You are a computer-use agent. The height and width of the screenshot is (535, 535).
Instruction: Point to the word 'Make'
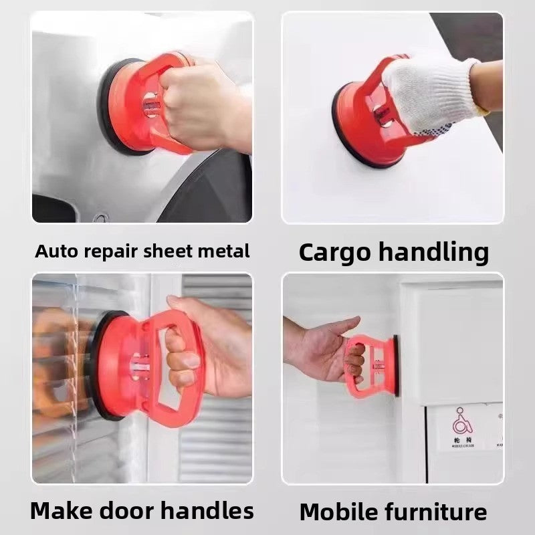point(62,511)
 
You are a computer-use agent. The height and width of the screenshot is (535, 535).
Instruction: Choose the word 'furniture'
point(436,512)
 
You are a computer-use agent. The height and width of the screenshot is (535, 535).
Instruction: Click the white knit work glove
point(428,90)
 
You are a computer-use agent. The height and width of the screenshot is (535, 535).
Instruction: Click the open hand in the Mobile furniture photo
point(321,351)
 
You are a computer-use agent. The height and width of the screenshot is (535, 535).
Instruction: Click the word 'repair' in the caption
point(108,252)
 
